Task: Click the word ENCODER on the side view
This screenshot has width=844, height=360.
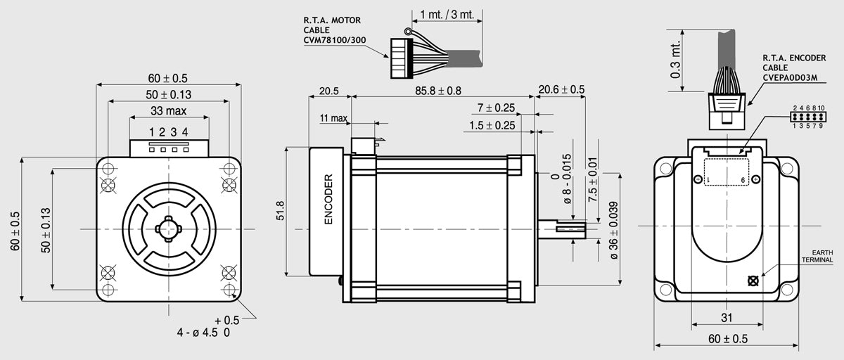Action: coord(328,199)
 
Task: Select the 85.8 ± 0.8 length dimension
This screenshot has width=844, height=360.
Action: coord(437,91)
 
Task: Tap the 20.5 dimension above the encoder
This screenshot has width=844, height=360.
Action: coord(329,91)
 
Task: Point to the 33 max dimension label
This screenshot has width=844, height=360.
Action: coord(168,110)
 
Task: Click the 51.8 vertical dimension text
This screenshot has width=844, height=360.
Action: coord(281,210)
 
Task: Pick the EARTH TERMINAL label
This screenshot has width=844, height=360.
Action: coord(817,256)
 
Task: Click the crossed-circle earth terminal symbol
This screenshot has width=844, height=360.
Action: coord(753,281)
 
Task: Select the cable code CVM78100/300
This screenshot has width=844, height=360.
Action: coord(335,40)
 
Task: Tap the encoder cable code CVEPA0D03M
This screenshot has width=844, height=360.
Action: coord(790,77)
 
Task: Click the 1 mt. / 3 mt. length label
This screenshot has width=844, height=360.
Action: coord(447,15)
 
